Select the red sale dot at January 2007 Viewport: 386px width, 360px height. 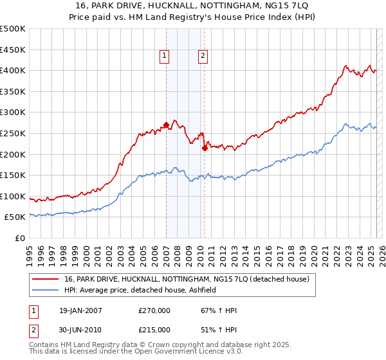(x=166, y=125)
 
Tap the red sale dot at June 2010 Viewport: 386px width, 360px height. (x=205, y=148)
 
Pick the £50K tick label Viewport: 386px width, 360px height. (x=15, y=217)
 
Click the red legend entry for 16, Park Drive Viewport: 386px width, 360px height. (x=187, y=278)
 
